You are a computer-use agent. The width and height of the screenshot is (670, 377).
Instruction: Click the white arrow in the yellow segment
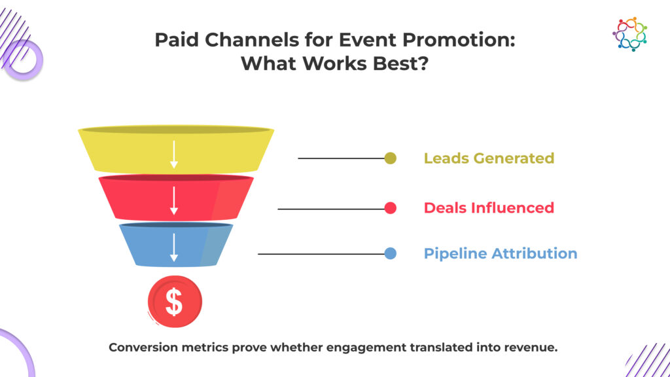pyautogui.click(x=174, y=154)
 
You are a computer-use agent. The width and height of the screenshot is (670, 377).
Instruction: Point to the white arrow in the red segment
pyautogui.click(x=174, y=200)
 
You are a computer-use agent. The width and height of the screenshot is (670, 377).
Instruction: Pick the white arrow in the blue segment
pyautogui.click(x=174, y=247)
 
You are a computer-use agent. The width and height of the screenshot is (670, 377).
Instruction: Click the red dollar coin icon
pyautogui.click(x=175, y=302)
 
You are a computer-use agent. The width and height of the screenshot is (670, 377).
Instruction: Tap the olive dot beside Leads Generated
pyautogui.click(x=390, y=158)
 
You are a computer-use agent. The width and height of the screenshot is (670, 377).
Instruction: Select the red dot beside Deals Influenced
pyautogui.click(x=390, y=208)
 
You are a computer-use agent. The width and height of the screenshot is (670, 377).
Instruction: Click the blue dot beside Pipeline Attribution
pyautogui.click(x=390, y=253)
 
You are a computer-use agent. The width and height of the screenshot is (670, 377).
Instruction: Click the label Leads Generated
pyautogui.click(x=489, y=158)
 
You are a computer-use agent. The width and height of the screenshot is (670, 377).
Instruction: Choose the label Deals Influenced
pyautogui.click(x=489, y=207)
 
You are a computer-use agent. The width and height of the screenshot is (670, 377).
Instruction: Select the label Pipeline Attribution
pyautogui.click(x=501, y=253)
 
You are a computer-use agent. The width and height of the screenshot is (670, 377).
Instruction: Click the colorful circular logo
pyautogui.click(x=630, y=34)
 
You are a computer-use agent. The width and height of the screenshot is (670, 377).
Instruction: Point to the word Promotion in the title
pyautogui.click(x=459, y=40)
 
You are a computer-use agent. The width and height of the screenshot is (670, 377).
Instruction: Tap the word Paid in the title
pyautogui.click(x=177, y=40)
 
